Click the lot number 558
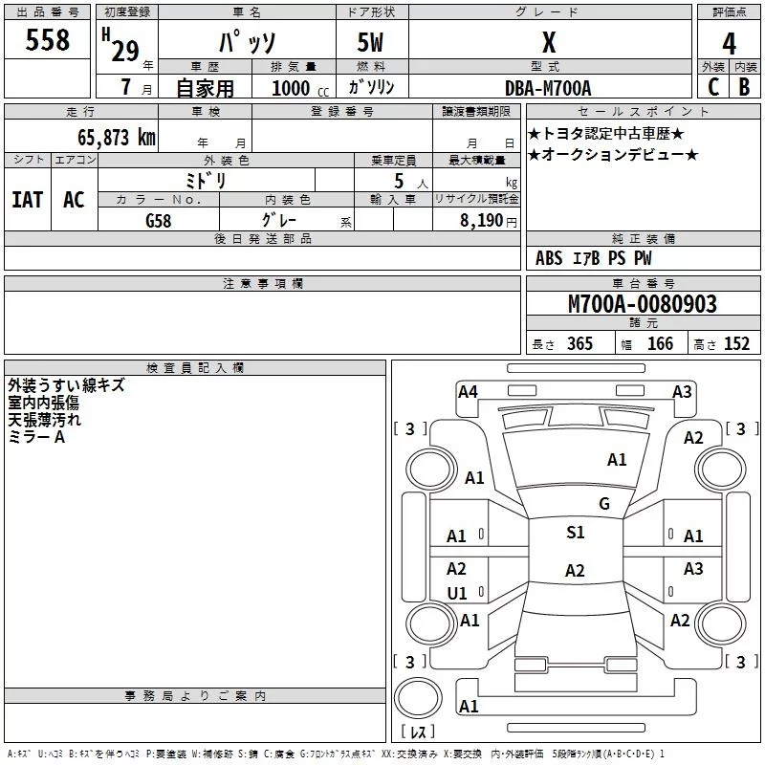(48, 40)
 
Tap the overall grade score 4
(730, 44)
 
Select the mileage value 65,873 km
(106, 137)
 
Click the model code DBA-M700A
(548, 88)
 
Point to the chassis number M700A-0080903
(643, 304)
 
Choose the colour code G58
(159, 219)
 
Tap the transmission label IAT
(27, 199)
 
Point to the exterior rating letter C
(712, 87)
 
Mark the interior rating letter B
(745, 87)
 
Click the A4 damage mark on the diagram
(468, 390)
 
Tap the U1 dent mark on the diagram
(457, 594)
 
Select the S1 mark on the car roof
(575, 533)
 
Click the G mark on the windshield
(604, 503)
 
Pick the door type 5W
(371, 44)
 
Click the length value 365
(579, 344)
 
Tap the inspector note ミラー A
(36, 436)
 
